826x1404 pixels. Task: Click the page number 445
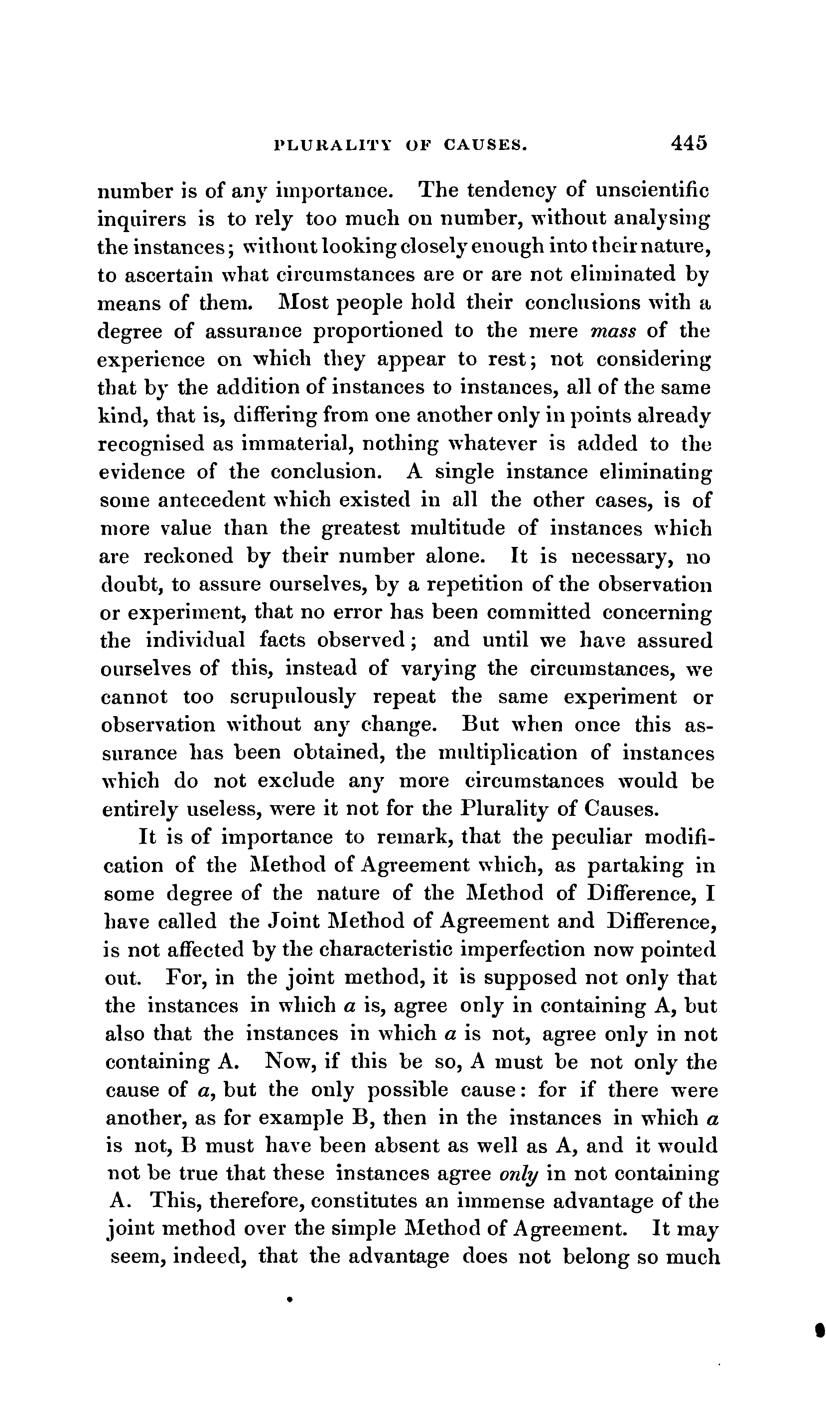[689, 143]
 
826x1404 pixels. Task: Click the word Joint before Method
[292, 922]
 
